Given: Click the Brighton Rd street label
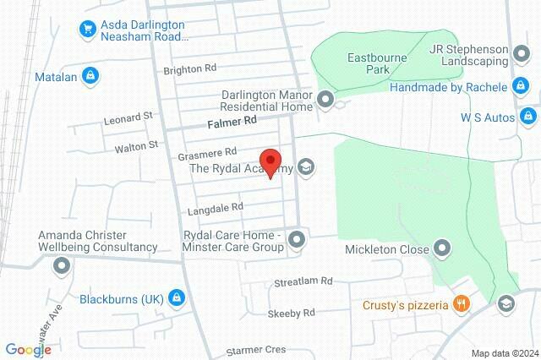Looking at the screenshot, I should point(190,68).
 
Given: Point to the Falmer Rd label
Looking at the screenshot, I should point(232,123).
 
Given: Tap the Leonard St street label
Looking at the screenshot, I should point(127,118).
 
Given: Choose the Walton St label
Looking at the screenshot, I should point(136,145).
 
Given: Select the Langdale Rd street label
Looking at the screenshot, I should point(212,206).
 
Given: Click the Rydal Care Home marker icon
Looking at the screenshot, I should point(297,242).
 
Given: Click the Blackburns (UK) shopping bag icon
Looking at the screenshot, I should point(176,298).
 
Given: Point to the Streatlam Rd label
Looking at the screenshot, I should point(303,281).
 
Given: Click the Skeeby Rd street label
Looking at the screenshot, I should point(291,313).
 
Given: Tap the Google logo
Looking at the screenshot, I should point(28,349).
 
